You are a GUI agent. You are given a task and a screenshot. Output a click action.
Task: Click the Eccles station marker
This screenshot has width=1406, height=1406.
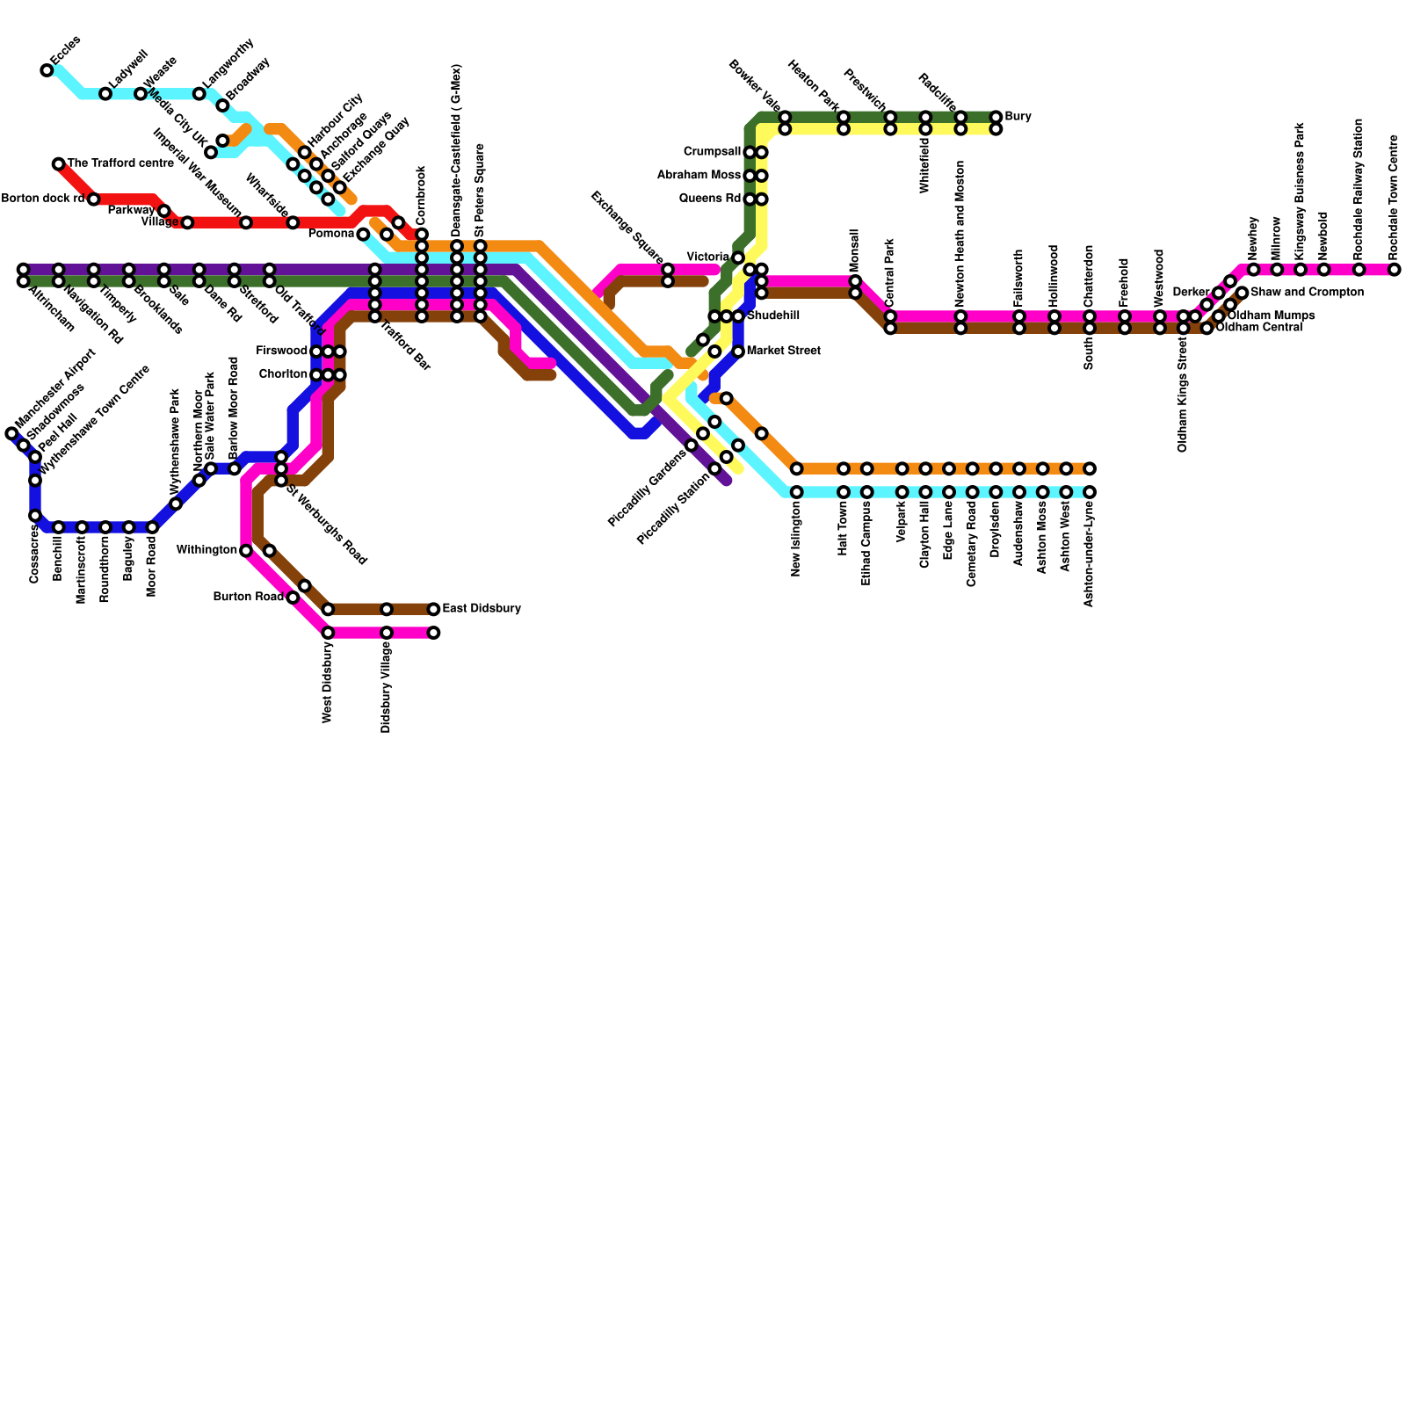click(x=47, y=70)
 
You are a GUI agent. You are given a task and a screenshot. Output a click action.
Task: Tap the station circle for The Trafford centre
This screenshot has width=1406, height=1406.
click(x=58, y=164)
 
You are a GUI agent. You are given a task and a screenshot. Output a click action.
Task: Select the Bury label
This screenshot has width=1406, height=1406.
click(x=1018, y=117)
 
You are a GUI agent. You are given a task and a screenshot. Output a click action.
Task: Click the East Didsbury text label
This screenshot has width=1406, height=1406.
click(x=481, y=609)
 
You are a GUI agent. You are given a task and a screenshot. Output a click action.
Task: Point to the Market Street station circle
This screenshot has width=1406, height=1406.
click(x=738, y=351)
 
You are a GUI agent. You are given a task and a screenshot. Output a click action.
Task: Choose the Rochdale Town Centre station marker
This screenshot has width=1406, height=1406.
click(x=1394, y=270)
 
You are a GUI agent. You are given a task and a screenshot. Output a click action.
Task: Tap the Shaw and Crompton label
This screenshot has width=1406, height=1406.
click(x=1307, y=293)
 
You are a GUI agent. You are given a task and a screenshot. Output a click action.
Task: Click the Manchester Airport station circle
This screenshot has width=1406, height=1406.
click(x=11, y=433)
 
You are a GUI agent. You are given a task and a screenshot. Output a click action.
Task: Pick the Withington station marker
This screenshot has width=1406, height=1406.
click(x=246, y=551)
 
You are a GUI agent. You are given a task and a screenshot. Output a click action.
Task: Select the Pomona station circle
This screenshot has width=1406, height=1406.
click(x=363, y=235)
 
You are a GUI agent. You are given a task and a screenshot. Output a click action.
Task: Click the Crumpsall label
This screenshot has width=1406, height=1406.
click(x=712, y=152)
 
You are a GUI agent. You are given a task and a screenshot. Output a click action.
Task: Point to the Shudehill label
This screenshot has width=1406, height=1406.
click(x=773, y=316)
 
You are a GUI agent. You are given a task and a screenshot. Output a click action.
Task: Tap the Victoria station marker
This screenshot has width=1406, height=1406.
click(x=738, y=257)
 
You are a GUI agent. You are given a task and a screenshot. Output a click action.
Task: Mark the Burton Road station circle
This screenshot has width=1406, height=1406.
click(x=293, y=598)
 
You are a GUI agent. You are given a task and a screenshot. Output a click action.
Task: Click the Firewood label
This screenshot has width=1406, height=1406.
click(x=281, y=351)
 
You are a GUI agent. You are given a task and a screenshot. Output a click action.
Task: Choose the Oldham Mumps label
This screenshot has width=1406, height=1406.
click(x=1271, y=315)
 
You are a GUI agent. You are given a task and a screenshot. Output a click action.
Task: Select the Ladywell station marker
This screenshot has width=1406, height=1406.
click(x=105, y=94)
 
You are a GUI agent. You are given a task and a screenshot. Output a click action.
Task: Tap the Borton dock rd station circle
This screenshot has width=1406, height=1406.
click(x=93, y=199)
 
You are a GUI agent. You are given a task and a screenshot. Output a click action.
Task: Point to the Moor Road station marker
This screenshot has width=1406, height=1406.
click(x=152, y=527)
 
